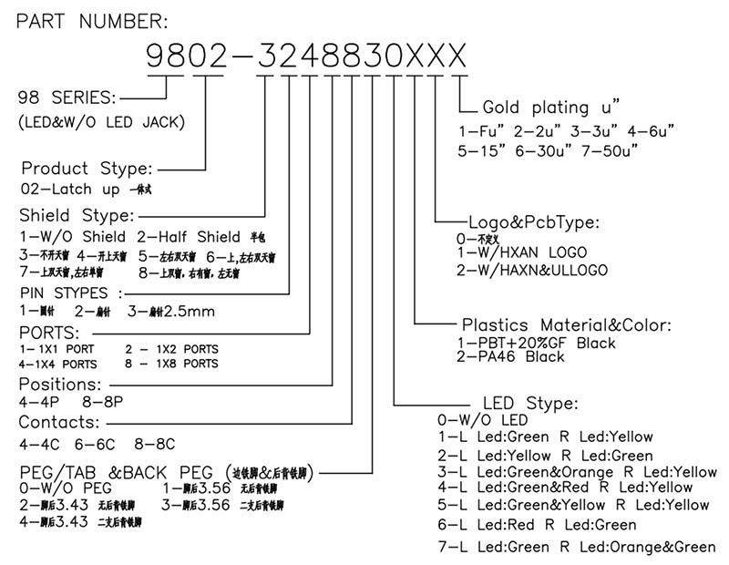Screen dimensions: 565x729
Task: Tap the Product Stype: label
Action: click(87, 169)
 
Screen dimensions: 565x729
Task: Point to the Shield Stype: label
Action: click(77, 215)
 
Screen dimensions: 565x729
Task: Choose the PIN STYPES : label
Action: click(71, 293)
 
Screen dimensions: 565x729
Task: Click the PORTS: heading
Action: click(49, 332)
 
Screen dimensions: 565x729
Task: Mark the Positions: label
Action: click(60, 385)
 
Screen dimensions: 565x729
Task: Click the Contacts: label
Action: click(59, 423)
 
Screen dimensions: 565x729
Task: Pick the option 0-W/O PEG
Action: click(58, 488)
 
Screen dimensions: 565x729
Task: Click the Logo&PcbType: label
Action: click(533, 221)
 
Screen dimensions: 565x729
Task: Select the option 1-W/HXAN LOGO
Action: click(521, 252)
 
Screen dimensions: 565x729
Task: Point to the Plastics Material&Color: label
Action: click(567, 324)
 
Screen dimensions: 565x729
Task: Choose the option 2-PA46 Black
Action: click(509, 356)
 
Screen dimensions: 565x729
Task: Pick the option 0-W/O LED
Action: click(483, 419)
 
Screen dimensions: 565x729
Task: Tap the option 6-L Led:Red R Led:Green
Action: click(537, 525)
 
